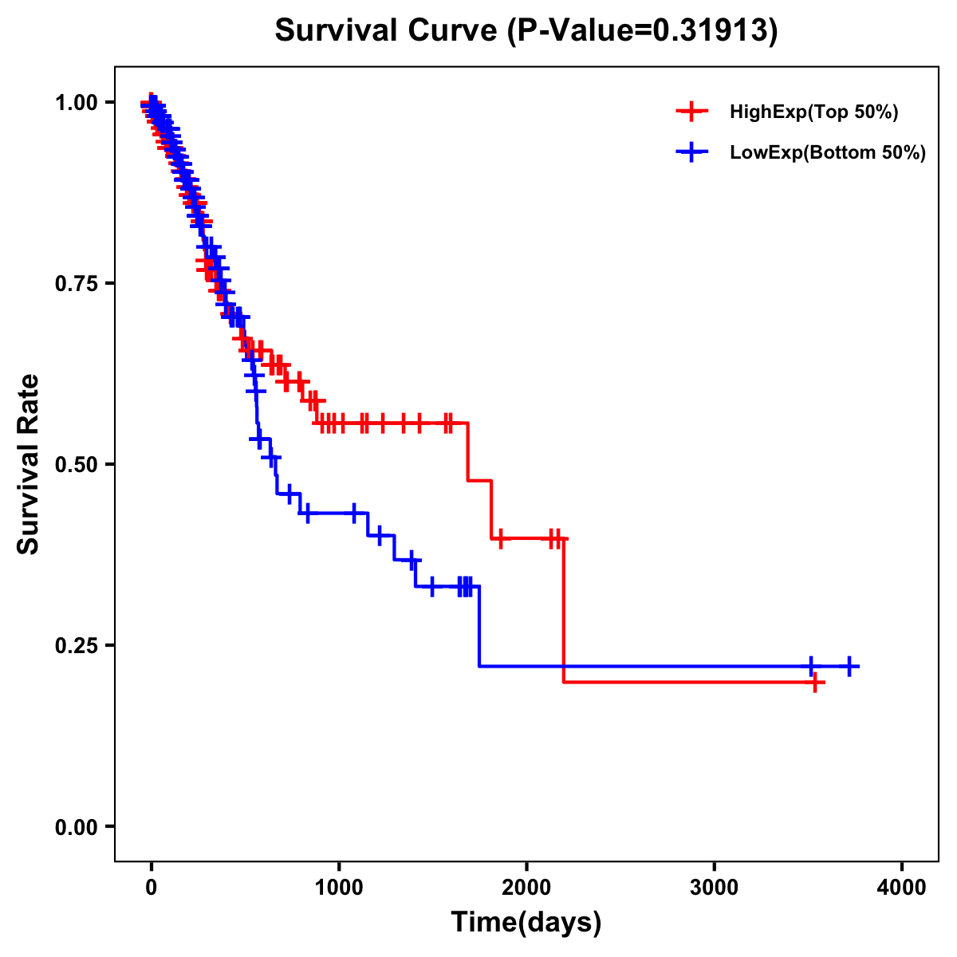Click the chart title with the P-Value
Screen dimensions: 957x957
click(526, 30)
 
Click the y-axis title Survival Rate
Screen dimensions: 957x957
click(29, 463)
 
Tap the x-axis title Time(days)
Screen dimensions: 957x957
click(526, 922)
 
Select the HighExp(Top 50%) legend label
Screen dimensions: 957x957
click(813, 112)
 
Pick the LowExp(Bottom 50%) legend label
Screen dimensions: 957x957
click(828, 152)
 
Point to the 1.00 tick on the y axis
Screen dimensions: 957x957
click(76, 103)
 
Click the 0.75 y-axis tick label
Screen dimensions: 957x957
click(76, 284)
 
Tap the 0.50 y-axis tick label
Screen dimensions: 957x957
click(76, 464)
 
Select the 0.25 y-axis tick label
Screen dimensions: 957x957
click(76, 645)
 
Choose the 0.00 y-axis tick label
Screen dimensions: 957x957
click(76, 827)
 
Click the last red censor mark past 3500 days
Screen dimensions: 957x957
click(815, 683)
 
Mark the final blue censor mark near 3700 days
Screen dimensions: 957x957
click(849, 666)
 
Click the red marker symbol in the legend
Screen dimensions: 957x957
click(692, 112)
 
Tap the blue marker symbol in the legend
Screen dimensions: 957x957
click(692, 152)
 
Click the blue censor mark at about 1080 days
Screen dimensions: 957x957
click(353, 513)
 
